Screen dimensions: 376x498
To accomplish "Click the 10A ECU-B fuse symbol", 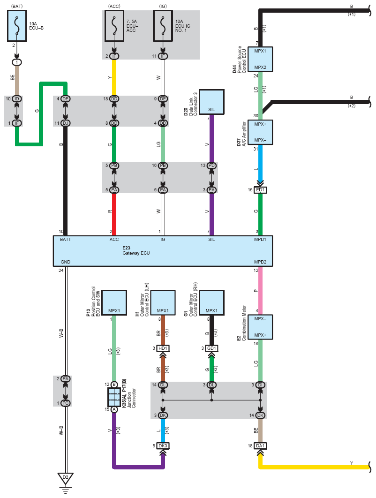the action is click(17, 25).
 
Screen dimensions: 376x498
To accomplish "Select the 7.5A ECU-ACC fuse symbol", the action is click(114, 26).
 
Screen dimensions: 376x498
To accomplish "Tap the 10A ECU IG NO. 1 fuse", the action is click(163, 26).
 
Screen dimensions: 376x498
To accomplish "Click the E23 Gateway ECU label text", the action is click(136, 250).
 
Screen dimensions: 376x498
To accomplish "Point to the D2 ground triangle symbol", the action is click(66, 478).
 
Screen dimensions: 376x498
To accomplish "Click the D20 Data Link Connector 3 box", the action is click(211, 102).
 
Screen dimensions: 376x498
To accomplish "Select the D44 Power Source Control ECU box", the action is click(260, 59).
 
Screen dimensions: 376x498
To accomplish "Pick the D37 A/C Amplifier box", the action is click(260, 132).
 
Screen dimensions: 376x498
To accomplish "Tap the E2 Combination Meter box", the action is click(260, 327).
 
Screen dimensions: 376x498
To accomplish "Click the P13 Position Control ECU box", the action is click(114, 303).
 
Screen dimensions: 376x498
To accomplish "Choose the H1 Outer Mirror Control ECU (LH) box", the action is click(163, 303).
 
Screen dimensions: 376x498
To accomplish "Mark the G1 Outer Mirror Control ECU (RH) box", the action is click(211, 303).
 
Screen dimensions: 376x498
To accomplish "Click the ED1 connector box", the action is click(260, 190).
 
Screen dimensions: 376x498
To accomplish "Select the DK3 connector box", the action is click(163, 446).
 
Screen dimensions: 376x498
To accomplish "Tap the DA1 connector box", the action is click(260, 446).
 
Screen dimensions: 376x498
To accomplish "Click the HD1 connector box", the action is click(163, 348).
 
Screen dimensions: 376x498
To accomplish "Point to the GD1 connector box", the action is click(211, 348).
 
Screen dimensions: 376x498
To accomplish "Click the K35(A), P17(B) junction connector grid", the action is click(114, 397).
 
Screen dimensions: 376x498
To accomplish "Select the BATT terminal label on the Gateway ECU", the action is click(66, 240).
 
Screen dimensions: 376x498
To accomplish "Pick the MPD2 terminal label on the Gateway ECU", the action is click(260, 262).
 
